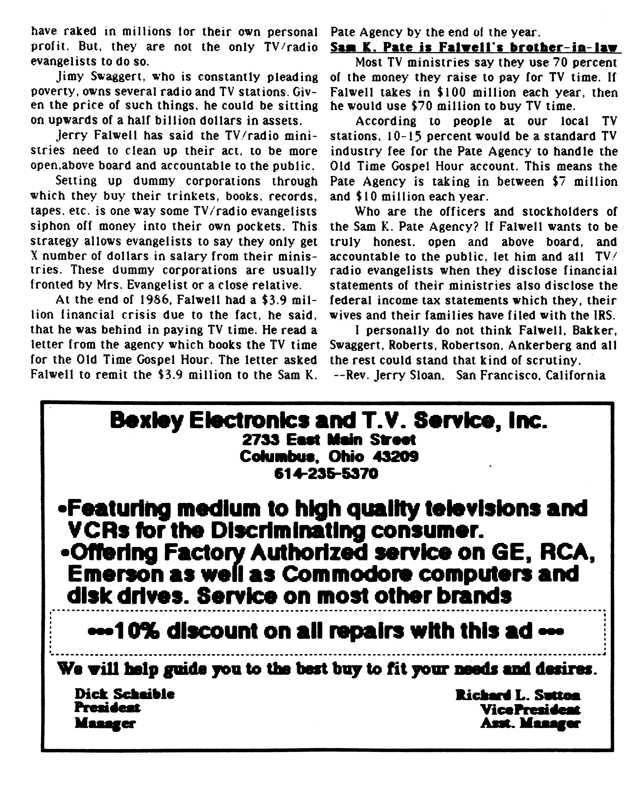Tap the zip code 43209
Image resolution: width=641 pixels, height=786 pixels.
(395, 457)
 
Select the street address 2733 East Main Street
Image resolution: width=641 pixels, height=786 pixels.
(329, 440)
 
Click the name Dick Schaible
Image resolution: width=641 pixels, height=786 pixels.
(124, 694)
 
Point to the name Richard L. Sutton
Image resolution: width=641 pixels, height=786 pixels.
(518, 695)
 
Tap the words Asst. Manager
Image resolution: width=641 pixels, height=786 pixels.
(530, 724)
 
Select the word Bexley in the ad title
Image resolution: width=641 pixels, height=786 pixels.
(146, 421)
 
